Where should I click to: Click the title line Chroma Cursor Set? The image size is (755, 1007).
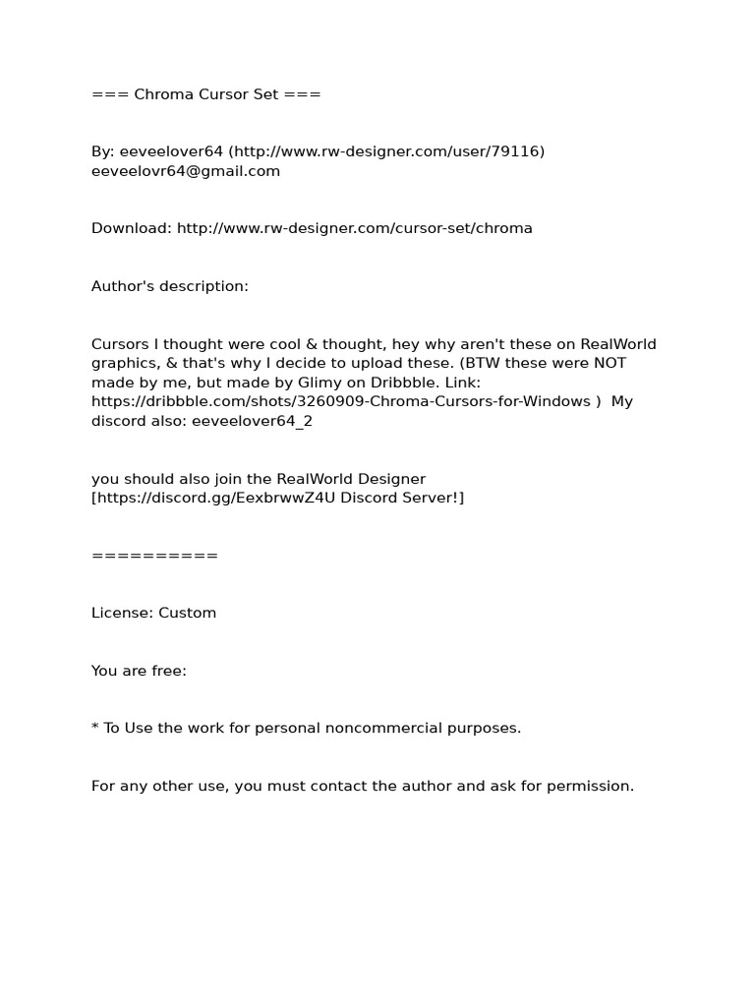[205, 94]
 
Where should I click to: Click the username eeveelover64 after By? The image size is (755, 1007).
[172, 151]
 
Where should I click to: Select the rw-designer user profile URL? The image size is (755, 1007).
[387, 151]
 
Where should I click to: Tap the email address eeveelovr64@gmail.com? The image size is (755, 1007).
[186, 171]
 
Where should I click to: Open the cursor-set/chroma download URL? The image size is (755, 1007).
[355, 228]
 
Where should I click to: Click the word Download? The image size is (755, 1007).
[131, 228]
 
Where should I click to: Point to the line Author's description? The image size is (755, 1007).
[170, 286]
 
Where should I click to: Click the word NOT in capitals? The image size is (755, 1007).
[607, 363]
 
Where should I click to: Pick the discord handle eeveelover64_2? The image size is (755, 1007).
[252, 421]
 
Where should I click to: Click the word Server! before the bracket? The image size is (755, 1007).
[431, 498]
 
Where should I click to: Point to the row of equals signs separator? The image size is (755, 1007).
[154, 556]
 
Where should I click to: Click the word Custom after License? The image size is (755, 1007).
[187, 613]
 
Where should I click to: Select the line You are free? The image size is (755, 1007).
[139, 671]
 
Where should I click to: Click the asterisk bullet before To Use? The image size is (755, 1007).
[95, 728]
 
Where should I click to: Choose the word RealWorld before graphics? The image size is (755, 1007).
[618, 344]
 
